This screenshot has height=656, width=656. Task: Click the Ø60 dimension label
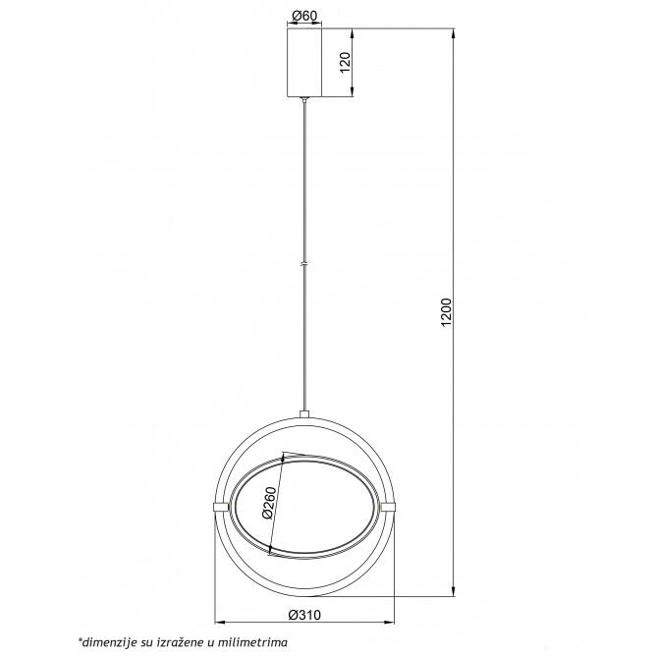(x=304, y=16)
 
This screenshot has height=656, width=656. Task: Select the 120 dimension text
(x=345, y=62)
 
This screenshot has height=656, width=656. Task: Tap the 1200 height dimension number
(x=447, y=312)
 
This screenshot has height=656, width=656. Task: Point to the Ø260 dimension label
(x=269, y=503)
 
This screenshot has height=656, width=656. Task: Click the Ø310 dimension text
(x=304, y=615)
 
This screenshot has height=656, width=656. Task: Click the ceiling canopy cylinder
(x=304, y=62)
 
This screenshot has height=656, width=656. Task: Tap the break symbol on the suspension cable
(x=304, y=264)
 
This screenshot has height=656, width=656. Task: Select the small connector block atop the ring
(x=304, y=414)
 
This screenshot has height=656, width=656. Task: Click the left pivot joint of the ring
(x=221, y=507)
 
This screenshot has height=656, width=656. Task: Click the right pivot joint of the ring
(x=387, y=507)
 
